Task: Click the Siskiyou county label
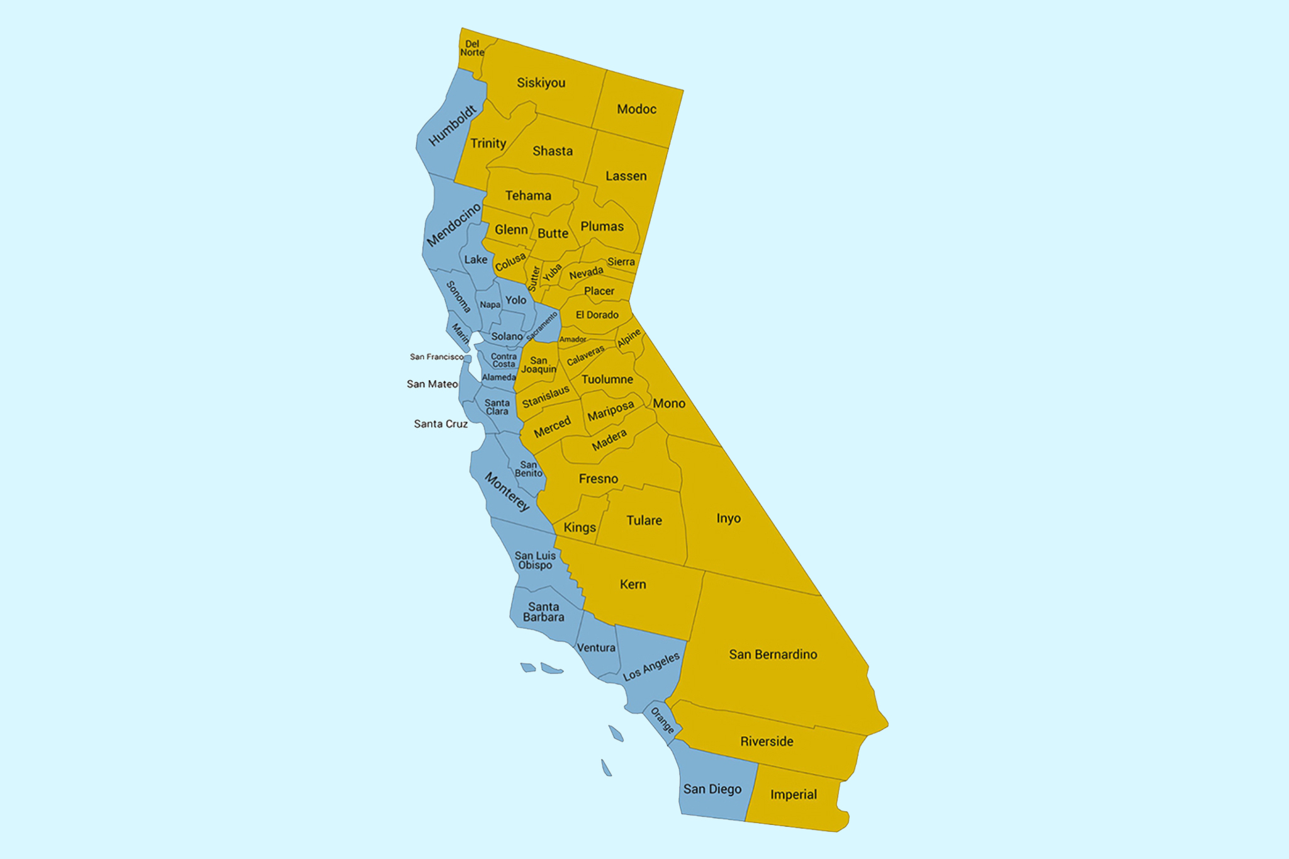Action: coord(541,83)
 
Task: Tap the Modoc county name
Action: coord(636,109)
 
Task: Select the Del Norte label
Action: coord(472,48)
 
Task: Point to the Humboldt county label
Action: coord(452,126)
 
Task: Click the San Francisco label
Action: coord(436,357)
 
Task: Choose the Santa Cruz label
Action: coord(441,424)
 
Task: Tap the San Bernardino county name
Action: coord(773,654)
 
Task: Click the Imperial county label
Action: coord(793,795)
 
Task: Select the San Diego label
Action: coord(712,789)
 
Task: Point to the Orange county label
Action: coord(662,721)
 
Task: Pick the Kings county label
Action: coord(580,527)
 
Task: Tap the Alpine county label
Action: coord(629,338)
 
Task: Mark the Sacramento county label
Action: coord(542,326)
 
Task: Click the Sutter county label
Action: coord(534,278)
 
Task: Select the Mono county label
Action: coord(669,403)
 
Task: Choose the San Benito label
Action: coord(529,469)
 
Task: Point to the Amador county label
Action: coord(573,339)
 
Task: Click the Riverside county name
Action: coord(767,741)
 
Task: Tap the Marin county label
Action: coord(460,333)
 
